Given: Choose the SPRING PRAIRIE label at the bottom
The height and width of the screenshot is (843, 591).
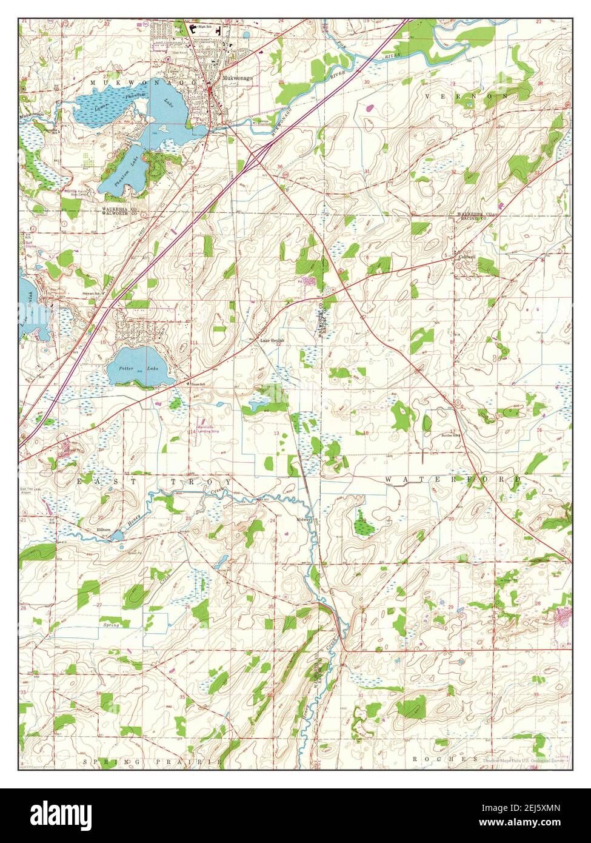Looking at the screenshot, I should pyautogui.click(x=153, y=761).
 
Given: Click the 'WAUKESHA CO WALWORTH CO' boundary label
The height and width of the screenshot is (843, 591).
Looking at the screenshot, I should pyautogui.click(x=101, y=212).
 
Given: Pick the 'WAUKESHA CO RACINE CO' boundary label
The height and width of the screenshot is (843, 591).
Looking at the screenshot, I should pyautogui.click(x=475, y=217).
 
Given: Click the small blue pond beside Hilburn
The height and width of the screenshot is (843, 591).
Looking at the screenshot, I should pyautogui.click(x=119, y=536).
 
